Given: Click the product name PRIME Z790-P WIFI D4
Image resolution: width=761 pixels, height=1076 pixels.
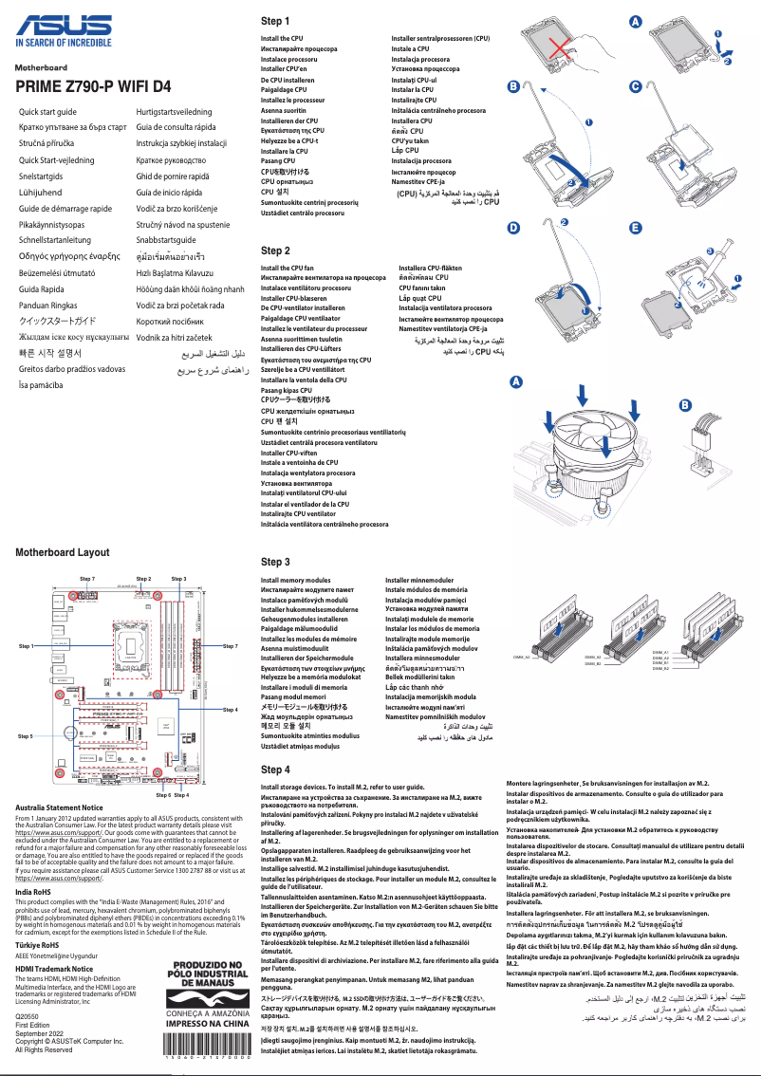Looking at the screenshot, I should pyautogui.click(x=93, y=86).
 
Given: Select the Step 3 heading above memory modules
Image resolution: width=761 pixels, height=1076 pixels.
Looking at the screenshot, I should pyautogui.click(x=275, y=562).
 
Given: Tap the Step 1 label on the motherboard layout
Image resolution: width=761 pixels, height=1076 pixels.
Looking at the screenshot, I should pyautogui.click(x=27, y=645).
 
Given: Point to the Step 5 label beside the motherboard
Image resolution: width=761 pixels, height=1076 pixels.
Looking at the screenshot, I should pyautogui.click(x=26, y=735).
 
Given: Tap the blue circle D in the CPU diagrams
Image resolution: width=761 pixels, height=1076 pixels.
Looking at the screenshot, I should pyautogui.click(x=513, y=229).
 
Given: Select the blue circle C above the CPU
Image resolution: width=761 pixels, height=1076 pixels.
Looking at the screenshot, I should pyautogui.click(x=636, y=86).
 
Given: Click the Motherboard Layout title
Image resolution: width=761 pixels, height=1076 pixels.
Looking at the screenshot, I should pyautogui.click(x=62, y=552).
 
